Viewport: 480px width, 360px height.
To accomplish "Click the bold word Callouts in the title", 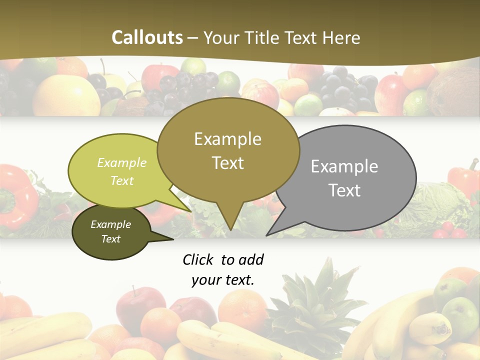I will point(147,37).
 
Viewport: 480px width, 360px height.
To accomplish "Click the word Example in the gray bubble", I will point(344,166).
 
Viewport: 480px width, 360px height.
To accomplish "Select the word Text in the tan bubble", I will point(228,163).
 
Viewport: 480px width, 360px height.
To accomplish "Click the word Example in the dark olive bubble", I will point(110,224).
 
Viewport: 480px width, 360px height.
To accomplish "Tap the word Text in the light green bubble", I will point(122,180).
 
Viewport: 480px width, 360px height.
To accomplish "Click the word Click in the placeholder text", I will point(198,259).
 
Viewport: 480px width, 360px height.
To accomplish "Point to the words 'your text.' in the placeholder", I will point(223,280).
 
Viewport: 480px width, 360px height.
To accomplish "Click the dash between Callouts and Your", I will point(193,37).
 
